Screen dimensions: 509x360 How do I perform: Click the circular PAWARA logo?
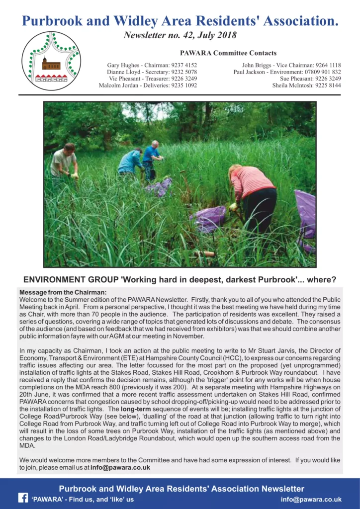click(51, 61)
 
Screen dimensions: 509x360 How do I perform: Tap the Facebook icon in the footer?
click(23, 498)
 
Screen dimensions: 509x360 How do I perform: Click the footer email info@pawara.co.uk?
click(311, 499)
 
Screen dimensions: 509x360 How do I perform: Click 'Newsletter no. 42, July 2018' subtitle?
click(180, 35)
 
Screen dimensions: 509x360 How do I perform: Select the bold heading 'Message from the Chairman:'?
click(63, 292)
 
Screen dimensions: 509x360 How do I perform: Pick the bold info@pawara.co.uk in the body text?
click(120, 467)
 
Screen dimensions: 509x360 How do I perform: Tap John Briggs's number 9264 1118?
click(328, 65)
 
